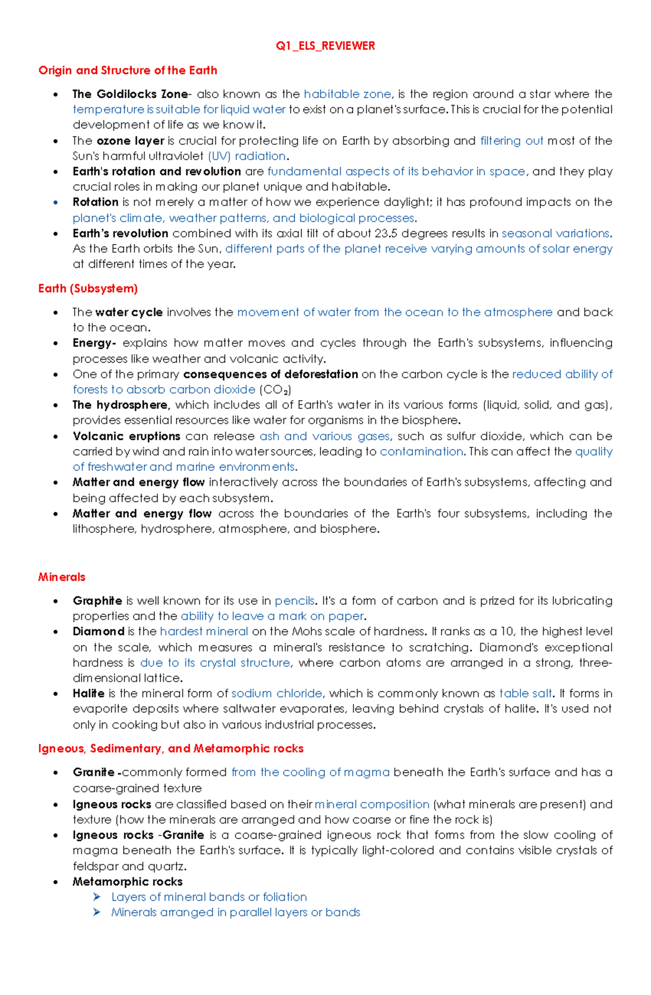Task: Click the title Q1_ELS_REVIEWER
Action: pyautogui.click(x=325, y=46)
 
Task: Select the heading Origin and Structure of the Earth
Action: pyautogui.click(x=127, y=70)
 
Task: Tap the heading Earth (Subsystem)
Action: pyautogui.click(x=88, y=288)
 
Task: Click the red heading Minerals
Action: pyautogui.click(x=62, y=577)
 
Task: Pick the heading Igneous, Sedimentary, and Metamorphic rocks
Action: pyautogui.click(x=171, y=749)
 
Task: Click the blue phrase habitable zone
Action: pyautogui.click(x=347, y=94)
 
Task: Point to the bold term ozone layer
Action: pyautogui.click(x=130, y=141)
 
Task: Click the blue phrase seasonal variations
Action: pyautogui.click(x=556, y=234)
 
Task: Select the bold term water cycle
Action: pyautogui.click(x=129, y=312)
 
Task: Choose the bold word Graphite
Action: pyautogui.click(x=98, y=601)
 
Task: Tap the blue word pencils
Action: pyautogui.click(x=295, y=601)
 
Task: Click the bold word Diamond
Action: pyautogui.click(x=99, y=632)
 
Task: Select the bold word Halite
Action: pyautogui.click(x=89, y=694)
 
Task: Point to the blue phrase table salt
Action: pyautogui.click(x=525, y=694)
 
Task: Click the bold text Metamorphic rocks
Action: pyautogui.click(x=127, y=882)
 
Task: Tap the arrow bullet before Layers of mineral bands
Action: pyautogui.click(x=97, y=897)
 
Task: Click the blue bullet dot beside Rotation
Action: pyautogui.click(x=55, y=203)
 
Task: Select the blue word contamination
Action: pyautogui.click(x=422, y=452)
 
